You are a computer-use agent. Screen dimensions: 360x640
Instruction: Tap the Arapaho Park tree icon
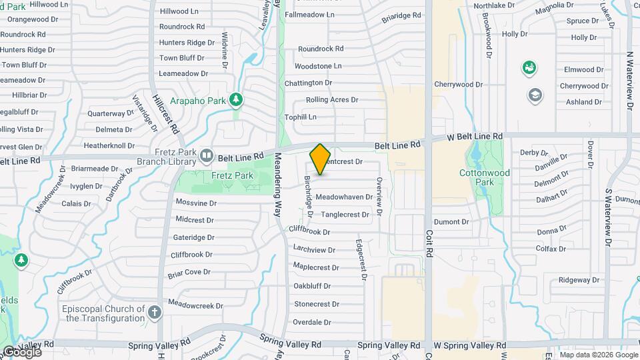tap(235, 100)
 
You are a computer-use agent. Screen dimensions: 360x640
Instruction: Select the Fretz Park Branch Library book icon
tap(207, 156)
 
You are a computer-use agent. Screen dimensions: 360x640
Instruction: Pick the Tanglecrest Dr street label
tap(345, 215)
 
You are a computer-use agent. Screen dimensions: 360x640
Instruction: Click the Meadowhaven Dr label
tap(344, 197)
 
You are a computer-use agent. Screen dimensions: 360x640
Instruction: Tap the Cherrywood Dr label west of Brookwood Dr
tap(458, 85)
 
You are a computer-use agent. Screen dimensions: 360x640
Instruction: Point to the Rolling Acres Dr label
tap(332, 100)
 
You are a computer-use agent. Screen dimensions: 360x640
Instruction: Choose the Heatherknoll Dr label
tap(110, 145)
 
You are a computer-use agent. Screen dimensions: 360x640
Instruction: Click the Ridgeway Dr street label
tap(575, 280)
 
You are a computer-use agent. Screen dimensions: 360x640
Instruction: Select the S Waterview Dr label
tap(607, 217)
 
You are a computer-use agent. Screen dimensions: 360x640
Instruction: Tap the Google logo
tap(22, 352)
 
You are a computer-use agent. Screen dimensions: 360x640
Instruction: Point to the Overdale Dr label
tap(313, 323)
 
